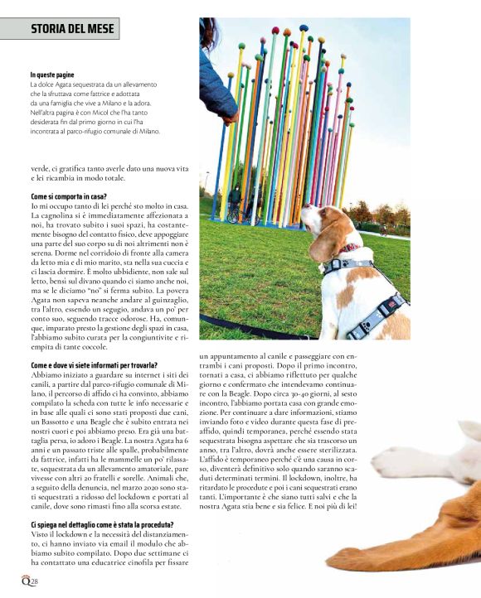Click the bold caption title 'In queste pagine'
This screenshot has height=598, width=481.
(52, 75)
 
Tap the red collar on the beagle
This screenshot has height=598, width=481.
(348, 248)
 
